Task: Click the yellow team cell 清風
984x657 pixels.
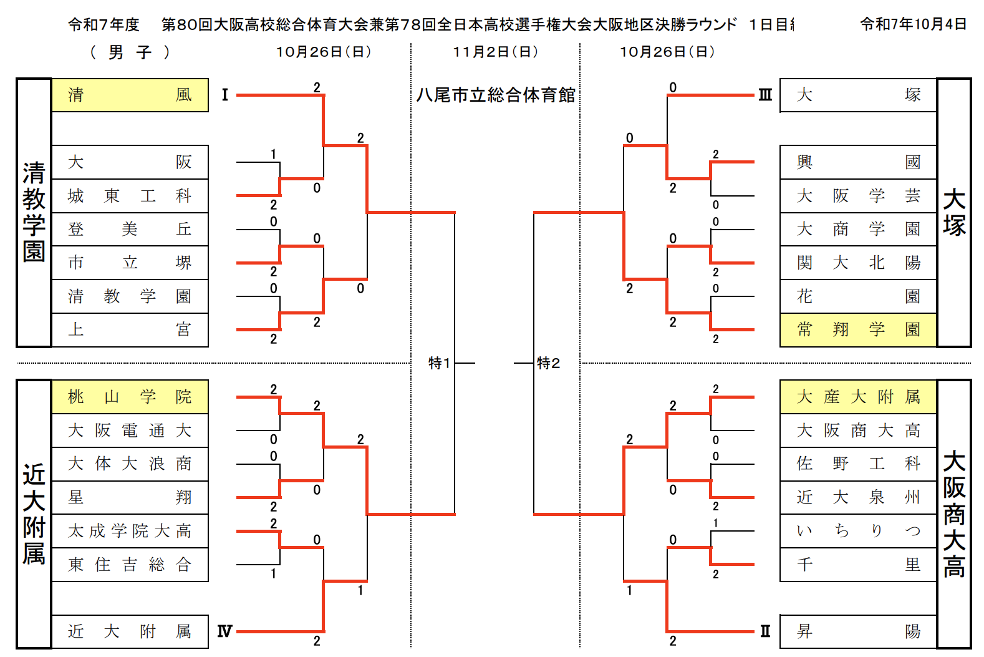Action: point(130,95)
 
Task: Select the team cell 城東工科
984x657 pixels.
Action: point(130,196)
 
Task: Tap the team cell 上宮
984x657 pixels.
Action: point(130,329)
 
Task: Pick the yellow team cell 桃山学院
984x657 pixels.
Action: point(130,397)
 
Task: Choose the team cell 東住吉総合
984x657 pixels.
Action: point(130,565)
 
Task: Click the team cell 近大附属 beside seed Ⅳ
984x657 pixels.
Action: point(130,631)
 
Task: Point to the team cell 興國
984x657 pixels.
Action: point(858,162)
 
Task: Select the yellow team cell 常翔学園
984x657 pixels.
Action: point(858,329)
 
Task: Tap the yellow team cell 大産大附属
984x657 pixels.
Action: point(858,397)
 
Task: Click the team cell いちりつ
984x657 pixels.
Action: point(858,531)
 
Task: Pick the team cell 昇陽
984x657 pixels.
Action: point(858,631)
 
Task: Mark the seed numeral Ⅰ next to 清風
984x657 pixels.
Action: point(225,95)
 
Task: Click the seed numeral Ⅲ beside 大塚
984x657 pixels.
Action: point(765,95)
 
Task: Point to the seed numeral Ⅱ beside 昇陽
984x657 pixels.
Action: point(765,631)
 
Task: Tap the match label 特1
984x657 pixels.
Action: point(439,363)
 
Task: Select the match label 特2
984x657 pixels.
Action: point(548,363)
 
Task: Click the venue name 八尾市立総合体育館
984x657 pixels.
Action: point(496,95)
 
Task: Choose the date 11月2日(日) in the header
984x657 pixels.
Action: point(496,52)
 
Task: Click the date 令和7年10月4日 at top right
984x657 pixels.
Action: point(913,24)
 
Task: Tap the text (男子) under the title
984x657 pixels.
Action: point(130,52)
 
